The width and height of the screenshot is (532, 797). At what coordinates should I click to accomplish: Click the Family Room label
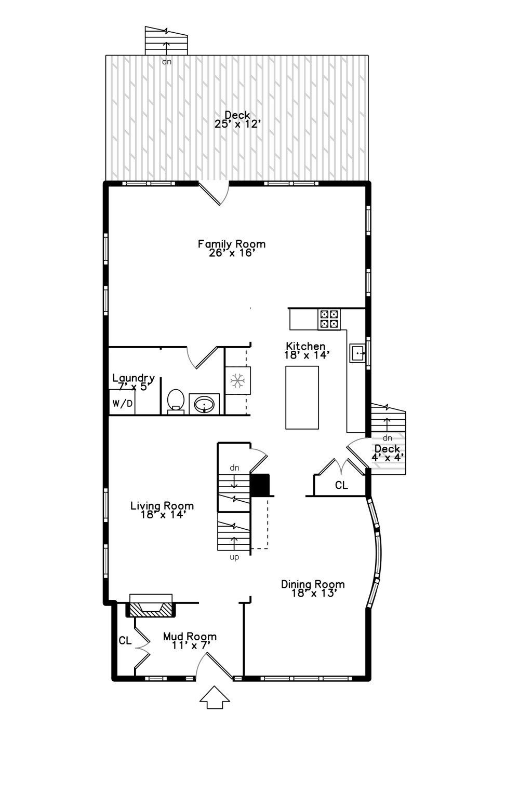[232, 244]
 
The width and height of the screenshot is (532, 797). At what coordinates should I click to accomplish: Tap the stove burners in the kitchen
[329, 319]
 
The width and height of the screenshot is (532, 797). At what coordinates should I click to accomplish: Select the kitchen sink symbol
[358, 353]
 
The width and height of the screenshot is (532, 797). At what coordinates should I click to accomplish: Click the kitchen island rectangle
[302, 397]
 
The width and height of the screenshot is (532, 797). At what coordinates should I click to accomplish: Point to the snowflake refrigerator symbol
[238, 381]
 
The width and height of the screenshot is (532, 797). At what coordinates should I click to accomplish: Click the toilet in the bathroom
[176, 401]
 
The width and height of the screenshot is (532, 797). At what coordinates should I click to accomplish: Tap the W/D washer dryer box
[123, 404]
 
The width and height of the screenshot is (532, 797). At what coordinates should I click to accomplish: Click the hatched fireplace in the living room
[151, 609]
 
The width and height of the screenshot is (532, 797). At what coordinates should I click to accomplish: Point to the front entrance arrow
[215, 697]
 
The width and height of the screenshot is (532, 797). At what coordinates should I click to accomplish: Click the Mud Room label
[190, 637]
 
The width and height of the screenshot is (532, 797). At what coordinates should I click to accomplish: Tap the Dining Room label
[313, 584]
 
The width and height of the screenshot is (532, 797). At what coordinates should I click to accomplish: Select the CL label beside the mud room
[125, 641]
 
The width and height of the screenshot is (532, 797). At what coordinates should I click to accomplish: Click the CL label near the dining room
[341, 486]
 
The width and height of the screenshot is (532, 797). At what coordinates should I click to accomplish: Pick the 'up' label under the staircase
[234, 558]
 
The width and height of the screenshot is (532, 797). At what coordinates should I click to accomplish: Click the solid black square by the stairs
[260, 485]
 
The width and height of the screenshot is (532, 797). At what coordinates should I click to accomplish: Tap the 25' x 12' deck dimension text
[237, 125]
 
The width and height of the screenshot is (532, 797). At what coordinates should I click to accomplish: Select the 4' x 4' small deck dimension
[388, 458]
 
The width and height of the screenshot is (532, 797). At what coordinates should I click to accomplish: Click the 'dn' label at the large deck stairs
[166, 62]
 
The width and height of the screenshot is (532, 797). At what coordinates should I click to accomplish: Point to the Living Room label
[162, 506]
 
